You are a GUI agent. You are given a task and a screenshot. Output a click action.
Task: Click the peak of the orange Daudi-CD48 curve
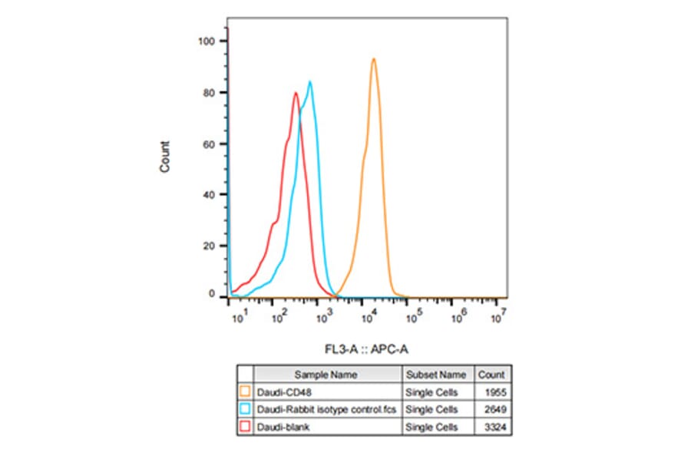[373, 59]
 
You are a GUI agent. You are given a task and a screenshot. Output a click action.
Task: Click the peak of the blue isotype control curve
[310, 82]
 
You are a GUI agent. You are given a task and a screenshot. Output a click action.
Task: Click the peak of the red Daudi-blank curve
[296, 94]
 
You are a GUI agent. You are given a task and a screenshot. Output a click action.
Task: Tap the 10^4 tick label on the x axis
[369, 317]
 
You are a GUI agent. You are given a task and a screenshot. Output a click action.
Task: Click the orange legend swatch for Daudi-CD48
[246, 392]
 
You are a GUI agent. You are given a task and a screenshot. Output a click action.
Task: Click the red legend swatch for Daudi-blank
[246, 427]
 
